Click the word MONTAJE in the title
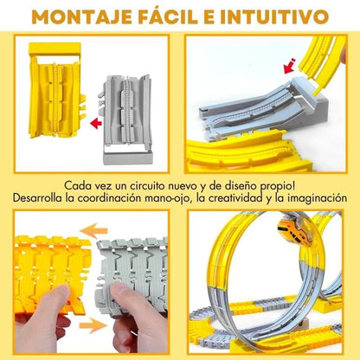pos(81,16)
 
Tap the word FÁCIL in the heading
pos(168,16)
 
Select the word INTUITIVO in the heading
pos(274,16)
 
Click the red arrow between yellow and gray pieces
pos(96,124)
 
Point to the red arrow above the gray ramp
pos(289,66)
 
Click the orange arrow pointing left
pos(93,231)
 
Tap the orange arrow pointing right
pos(93,325)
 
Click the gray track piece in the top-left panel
pos(127,119)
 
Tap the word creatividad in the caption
pos(236,198)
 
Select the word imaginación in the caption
pos(317,198)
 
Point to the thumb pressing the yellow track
pos(54,300)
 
